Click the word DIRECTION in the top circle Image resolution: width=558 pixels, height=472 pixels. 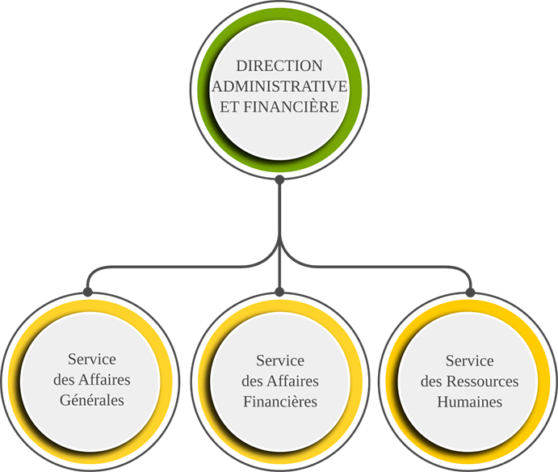point(279,66)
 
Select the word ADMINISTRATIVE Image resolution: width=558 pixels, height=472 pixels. point(279,86)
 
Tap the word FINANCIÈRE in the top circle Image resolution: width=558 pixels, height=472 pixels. point(291,106)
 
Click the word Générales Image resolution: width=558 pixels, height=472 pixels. point(92,400)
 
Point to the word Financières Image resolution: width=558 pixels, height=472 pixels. point(280,402)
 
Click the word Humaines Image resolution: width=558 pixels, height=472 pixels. point(469,402)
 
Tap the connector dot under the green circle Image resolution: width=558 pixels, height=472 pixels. point(279,179)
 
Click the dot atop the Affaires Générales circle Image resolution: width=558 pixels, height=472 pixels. point(87,292)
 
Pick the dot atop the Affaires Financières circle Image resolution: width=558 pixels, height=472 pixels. point(279,292)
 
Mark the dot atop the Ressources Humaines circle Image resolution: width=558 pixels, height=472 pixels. point(471,293)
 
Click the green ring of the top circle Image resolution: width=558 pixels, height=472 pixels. point(279,15)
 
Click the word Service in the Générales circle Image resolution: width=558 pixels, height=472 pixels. point(92,359)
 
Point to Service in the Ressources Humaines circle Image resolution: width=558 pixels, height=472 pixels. point(469,360)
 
